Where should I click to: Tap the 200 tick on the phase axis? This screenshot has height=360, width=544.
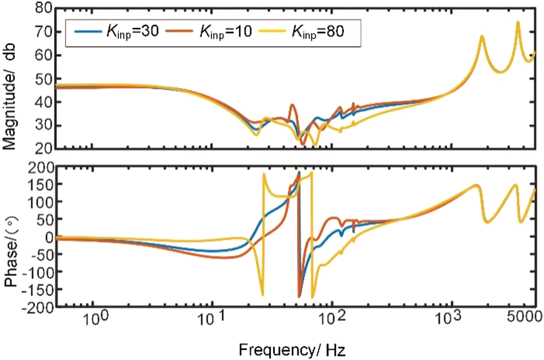click(x=40, y=167)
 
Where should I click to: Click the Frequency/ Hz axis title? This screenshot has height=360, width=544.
click(x=292, y=349)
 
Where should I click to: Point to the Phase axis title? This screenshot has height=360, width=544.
click(x=11, y=251)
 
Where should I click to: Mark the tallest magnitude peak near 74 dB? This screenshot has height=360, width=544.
click(x=518, y=22)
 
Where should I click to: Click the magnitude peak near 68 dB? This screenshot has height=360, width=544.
click(x=482, y=36)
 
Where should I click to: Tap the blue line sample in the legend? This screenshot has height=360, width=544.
click(x=88, y=32)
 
